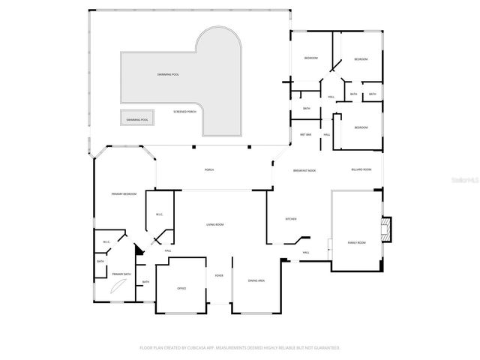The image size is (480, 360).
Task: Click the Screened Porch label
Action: click(x=184, y=112)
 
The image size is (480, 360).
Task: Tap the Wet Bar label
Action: click(x=306, y=134)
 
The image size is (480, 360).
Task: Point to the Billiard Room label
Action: click(x=361, y=169)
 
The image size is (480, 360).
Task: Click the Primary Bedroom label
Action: click(x=124, y=194)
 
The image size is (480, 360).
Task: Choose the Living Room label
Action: click(x=217, y=224)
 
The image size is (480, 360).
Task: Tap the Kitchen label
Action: click(x=291, y=219)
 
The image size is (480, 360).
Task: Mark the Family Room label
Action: click(x=356, y=243)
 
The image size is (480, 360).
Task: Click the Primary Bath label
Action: click(x=121, y=274)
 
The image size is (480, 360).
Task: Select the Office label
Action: click(x=181, y=288)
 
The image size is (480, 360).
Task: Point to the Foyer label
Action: click(x=219, y=274)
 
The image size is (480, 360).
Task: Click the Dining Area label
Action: click(x=256, y=280)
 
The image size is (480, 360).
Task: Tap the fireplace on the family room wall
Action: click(x=385, y=229)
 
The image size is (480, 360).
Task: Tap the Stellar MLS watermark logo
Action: click(x=466, y=180)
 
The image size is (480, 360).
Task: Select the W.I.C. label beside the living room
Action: click(x=160, y=215)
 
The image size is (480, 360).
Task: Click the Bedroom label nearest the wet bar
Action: click(x=361, y=127)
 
